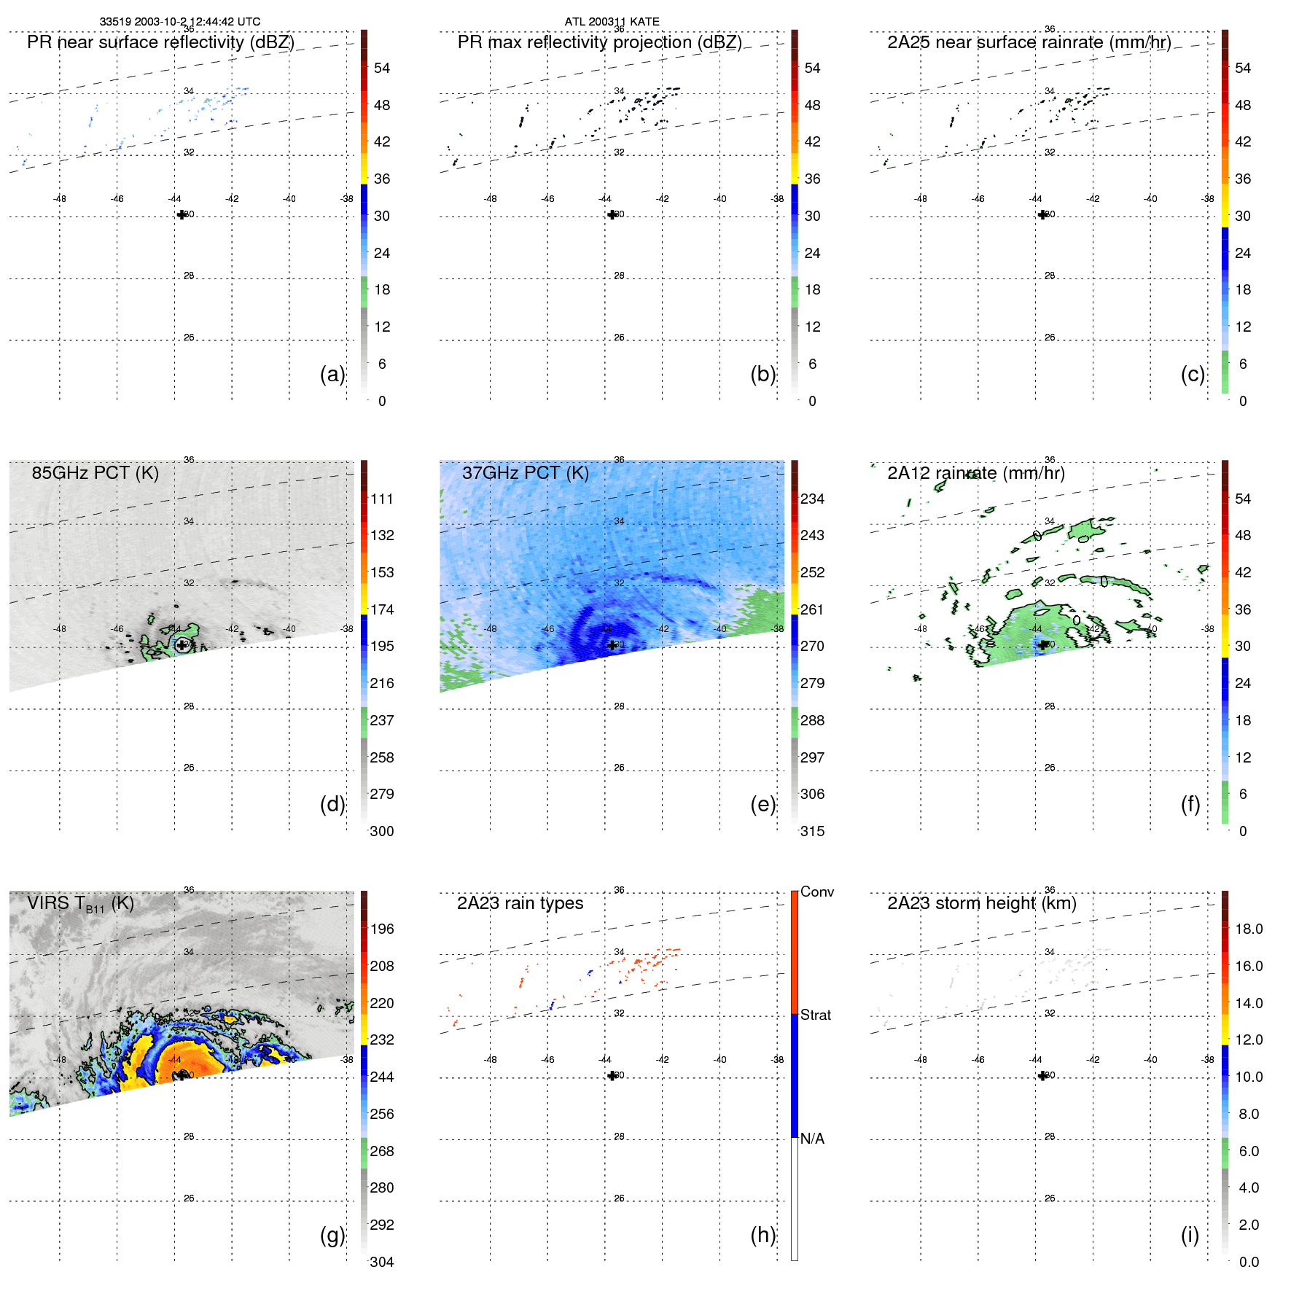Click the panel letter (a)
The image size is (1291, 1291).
coord(332,374)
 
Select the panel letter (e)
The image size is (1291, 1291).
coord(762,804)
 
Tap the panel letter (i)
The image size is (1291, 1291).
coord(1190,1235)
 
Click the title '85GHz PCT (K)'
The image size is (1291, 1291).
coord(95,473)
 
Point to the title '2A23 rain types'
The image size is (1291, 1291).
coord(520,903)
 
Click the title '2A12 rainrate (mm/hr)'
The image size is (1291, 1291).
coord(975,473)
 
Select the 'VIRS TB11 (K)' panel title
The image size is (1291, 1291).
coord(80,904)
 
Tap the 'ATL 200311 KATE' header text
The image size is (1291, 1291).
coord(612,22)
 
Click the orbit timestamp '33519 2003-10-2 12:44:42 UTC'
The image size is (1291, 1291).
coord(179,22)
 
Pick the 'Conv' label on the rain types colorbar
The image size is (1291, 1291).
coord(816,892)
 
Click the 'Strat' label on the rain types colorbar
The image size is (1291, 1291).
coord(815,1015)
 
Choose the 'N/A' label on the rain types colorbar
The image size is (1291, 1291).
coord(812,1139)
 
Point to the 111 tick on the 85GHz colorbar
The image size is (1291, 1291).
coord(381,499)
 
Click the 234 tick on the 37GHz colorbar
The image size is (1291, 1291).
coord(812,499)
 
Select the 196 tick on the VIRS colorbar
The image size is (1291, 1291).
coord(381,929)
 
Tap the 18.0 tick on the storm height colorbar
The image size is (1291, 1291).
coord(1248,929)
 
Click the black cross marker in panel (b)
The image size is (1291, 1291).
coord(612,214)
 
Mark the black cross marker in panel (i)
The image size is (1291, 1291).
coord(1042,1075)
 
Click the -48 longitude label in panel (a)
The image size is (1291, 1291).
coord(60,198)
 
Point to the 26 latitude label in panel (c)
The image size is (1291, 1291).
coord(1049,338)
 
